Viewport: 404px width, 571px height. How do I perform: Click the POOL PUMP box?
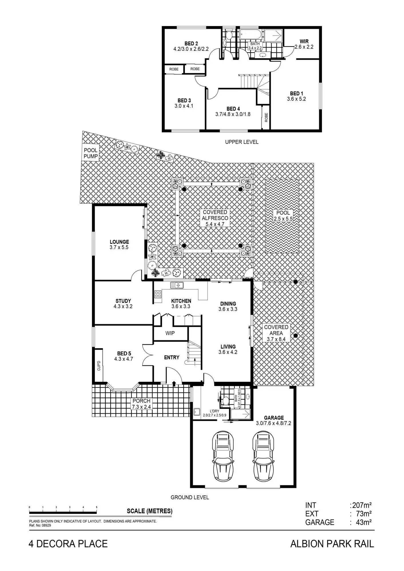pyautogui.click(x=91, y=153)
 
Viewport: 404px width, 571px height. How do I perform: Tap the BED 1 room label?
pyautogui.click(x=296, y=94)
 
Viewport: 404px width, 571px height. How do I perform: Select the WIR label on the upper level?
pyautogui.click(x=304, y=41)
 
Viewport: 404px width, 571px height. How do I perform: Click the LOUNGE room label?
pyautogui.click(x=119, y=242)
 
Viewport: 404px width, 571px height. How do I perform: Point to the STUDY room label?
pyautogui.click(x=123, y=301)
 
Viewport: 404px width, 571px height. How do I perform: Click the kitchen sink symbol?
pyautogui.click(x=177, y=285)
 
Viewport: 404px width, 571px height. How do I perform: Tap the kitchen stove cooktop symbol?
pyautogui.click(x=158, y=294)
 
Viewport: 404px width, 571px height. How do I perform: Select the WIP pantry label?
pyautogui.click(x=170, y=333)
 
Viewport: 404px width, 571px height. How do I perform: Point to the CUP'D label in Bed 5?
pyautogui.click(x=99, y=366)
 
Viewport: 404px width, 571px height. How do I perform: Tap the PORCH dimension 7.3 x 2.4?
pyautogui.click(x=142, y=407)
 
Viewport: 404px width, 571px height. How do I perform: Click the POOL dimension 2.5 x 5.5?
pyautogui.click(x=283, y=219)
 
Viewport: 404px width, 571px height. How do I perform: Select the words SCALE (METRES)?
pyautogui.click(x=150, y=511)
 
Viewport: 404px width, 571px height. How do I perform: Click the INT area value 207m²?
pyautogui.click(x=362, y=505)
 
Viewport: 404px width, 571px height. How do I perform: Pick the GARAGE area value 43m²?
pyautogui.click(x=363, y=522)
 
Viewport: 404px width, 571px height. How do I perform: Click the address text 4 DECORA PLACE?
pyautogui.click(x=68, y=544)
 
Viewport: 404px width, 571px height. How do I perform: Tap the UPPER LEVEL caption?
pyautogui.click(x=242, y=142)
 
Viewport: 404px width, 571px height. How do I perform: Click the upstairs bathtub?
pyautogui.click(x=250, y=35)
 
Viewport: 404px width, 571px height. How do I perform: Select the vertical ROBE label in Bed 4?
pyautogui.click(x=266, y=117)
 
